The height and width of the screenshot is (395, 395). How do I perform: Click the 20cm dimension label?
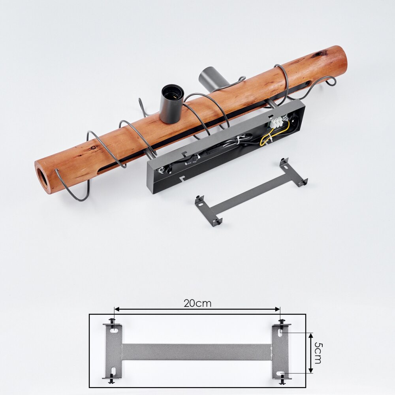click(x=197, y=303)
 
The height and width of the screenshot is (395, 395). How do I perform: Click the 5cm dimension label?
click(x=318, y=353)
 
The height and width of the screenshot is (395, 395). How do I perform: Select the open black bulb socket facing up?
click(x=172, y=103)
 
